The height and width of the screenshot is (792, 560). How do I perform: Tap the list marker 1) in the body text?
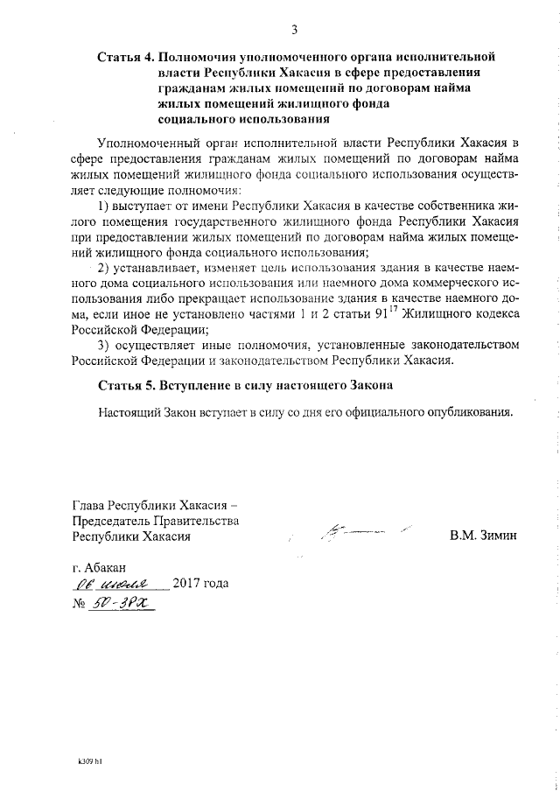click(x=104, y=206)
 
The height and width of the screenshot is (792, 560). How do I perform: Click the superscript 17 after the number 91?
click(x=369, y=309)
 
